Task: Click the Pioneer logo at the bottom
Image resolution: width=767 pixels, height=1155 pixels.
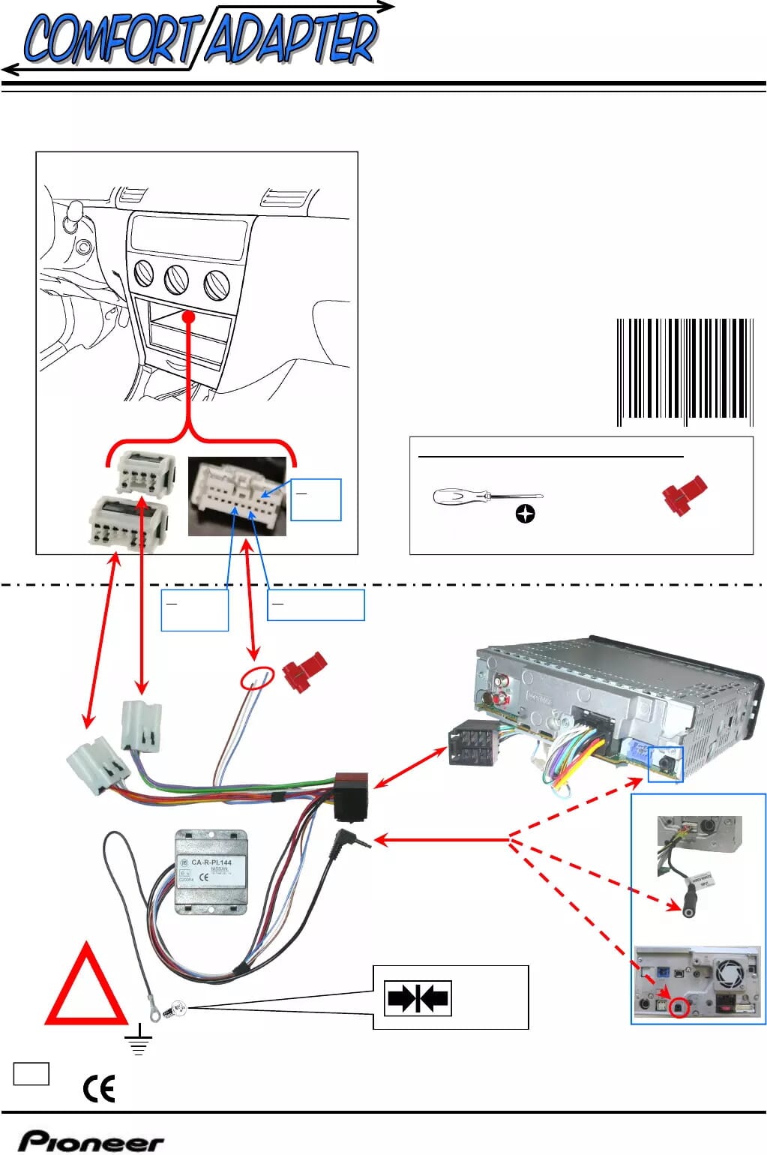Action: click(x=91, y=1141)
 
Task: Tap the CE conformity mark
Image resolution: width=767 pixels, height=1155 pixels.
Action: click(x=99, y=1088)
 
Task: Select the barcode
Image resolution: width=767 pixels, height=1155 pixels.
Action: click(x=685, y=372)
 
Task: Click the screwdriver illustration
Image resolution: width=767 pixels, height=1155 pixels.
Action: click(x=487, y=496)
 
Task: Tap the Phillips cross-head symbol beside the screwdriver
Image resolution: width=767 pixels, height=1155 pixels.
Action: click(x=526, y=514)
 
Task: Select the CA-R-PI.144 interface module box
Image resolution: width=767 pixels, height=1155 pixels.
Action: click(x=211, y=871)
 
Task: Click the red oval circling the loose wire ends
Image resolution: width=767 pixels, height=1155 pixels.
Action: click(x=257, y=677)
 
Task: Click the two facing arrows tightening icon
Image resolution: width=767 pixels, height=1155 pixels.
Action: click(x=418, y=998)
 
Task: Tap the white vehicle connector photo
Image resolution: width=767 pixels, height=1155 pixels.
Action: click(x=237, y=496)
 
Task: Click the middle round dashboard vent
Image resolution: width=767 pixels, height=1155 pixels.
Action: click(x=177, y=279)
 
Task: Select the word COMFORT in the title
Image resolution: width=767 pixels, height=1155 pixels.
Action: click(x=110, y=39)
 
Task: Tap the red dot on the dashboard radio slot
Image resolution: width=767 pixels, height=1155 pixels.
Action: click(x=189, y=317)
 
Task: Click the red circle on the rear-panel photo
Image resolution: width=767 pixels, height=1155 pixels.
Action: click(x=678, y=1007)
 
